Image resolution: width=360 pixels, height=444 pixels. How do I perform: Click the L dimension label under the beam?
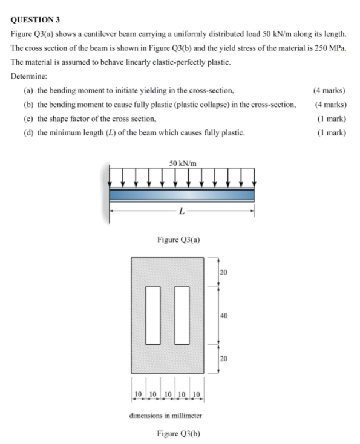click(x=180, y=211)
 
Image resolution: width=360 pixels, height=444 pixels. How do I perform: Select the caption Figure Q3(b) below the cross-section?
click(x=180, y=433)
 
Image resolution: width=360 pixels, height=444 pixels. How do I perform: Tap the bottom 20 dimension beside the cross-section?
click(x=224, y=358)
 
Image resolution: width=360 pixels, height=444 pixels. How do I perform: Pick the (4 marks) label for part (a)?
click(x=330, y=90)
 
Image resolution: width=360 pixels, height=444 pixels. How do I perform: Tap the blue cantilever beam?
click(x=182, y=195)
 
